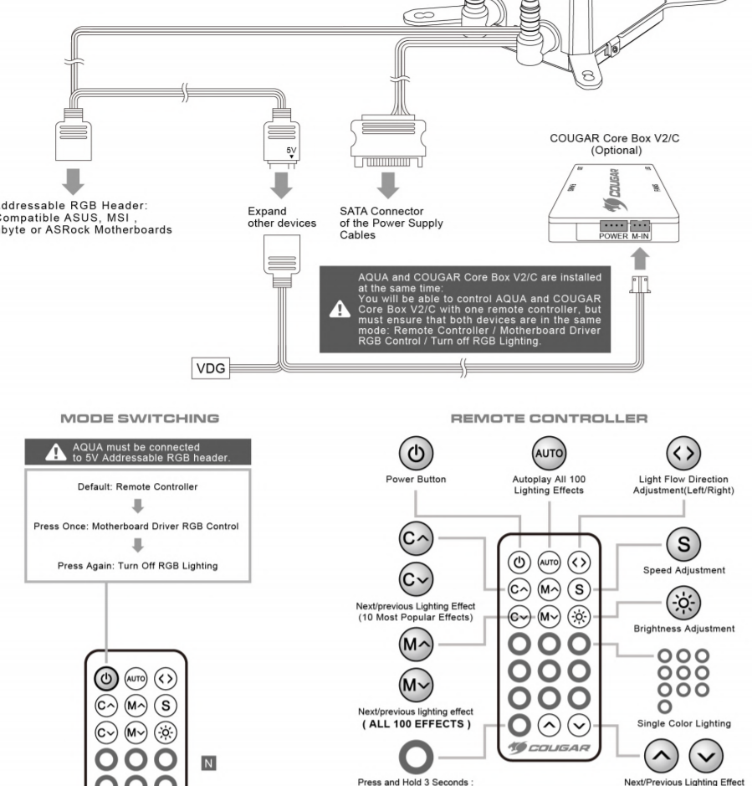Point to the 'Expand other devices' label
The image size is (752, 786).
tap(280, 218)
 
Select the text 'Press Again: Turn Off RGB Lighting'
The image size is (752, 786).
tap(137, 565)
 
